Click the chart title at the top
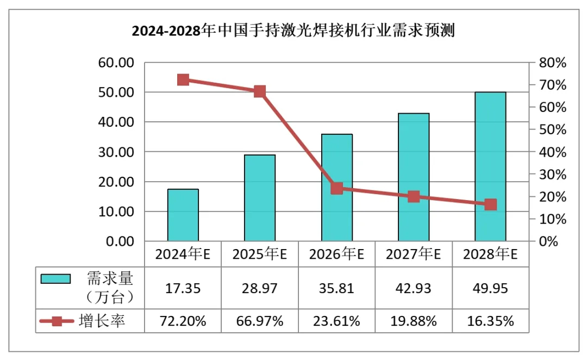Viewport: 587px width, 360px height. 293,30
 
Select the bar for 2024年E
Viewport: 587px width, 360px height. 183,215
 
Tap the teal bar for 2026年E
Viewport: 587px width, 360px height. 337,188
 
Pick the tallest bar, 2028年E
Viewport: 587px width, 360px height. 490,166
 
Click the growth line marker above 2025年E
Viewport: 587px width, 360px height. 260,91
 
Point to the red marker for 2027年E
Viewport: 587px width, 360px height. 414,197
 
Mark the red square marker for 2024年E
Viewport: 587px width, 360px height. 183,80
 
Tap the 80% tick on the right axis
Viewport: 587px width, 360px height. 552,63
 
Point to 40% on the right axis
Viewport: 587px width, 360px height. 552,152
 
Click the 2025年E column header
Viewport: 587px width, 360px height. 260,254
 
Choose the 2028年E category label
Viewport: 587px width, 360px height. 490,254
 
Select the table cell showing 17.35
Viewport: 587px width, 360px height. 183,288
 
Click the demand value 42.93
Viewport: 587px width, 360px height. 414,288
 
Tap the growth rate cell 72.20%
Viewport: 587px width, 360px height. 183,321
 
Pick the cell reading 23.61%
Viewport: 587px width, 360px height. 337,321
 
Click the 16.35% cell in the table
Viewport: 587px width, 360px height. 490,321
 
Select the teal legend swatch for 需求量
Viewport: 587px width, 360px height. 56,279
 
